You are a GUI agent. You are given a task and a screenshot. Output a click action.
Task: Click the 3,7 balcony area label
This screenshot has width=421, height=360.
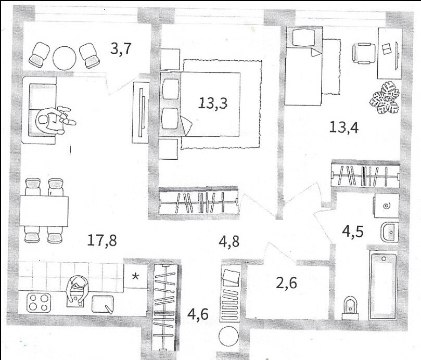click(x=121, y=49)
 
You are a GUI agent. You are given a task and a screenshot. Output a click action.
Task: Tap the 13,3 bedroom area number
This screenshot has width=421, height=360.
click(x=213, y=103)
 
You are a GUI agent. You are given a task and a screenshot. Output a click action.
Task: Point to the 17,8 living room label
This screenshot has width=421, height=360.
click(x=102, y=240)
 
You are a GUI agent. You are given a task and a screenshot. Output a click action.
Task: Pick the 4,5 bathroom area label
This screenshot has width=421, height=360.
click(x=353, y=232)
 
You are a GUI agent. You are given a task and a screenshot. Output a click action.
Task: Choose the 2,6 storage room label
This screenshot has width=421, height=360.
click(x=287, y=282)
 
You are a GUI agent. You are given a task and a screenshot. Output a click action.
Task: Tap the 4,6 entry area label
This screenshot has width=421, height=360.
click(x=198, y=314)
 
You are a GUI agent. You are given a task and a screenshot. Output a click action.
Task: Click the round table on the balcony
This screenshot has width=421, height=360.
click(x=65, y=58)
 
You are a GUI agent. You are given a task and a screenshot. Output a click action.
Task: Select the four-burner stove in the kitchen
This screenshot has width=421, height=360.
click(x=39, y=302)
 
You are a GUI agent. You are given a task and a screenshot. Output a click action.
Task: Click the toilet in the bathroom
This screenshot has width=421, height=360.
click(x=350, y=308)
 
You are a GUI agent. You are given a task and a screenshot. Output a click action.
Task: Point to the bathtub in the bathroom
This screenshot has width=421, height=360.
click(x=383, y=286)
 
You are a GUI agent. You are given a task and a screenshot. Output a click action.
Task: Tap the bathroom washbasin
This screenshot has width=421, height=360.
click(x=390, y=232)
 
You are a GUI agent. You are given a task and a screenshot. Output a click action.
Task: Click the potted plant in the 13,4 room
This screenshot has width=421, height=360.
click(x=385, y=98)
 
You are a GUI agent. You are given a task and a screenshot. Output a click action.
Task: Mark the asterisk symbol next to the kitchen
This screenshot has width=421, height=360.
click(x=136, y=276)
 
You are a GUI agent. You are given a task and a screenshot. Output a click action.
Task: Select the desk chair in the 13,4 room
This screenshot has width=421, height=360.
click(x=364, y=54)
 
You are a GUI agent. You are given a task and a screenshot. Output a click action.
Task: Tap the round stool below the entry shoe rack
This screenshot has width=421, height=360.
click(x=229, y=336)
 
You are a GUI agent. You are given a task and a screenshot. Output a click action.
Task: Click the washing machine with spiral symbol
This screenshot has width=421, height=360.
click(x=386, y=206)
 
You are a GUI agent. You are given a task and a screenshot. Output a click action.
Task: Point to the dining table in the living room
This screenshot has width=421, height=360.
click(x=44, y=212)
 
